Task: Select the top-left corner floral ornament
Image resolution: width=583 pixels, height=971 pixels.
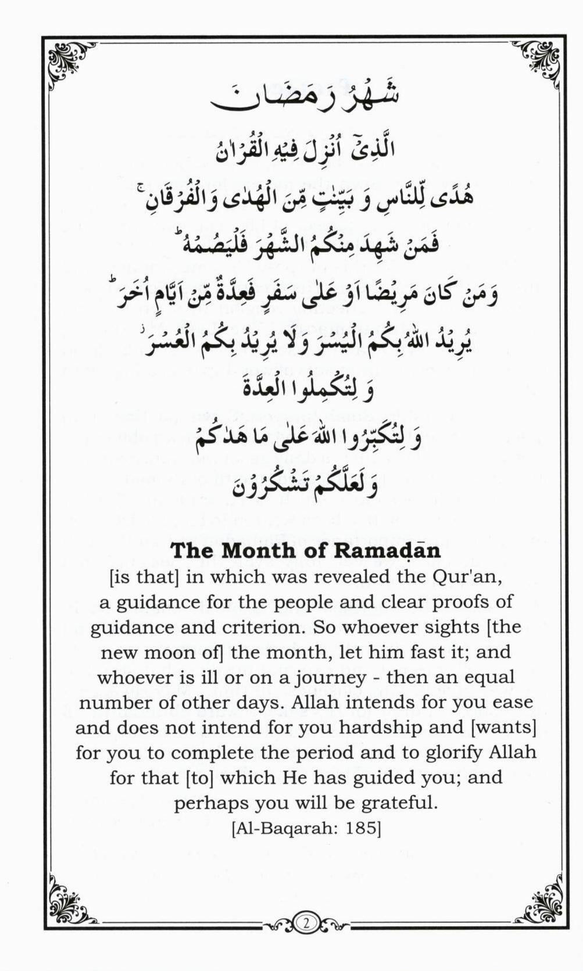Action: [69, 62]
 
